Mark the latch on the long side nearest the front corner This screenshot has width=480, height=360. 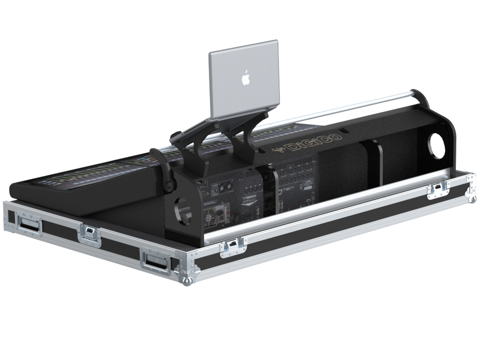tap(229, 248)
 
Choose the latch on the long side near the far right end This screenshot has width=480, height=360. tap(436, 189)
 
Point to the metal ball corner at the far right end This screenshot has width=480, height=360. tap(469, 193)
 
